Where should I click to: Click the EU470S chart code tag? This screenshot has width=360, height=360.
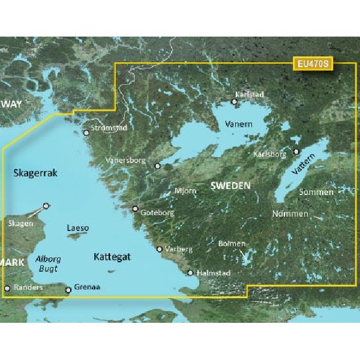pos(313,62)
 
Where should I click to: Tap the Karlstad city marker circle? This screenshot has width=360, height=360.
pos(235,102)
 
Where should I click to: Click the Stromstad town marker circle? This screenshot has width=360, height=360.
pos(86,133)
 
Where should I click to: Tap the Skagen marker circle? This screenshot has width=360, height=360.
pos(46,205)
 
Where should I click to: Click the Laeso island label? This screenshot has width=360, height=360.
pos(78,228)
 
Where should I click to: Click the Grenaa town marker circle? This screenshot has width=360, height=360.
pos(68,290)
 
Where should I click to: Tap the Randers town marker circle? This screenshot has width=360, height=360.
pos(7,289)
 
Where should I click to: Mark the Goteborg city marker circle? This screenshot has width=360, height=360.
pos(135,209)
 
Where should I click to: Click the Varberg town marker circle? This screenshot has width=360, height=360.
pos(159,248)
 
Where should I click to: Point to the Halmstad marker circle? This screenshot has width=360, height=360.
pos(190,273)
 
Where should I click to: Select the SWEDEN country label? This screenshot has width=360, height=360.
pos(231,187)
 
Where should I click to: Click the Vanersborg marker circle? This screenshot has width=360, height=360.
pos(158,166)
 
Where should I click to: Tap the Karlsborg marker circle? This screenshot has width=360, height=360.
pos(296,151)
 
